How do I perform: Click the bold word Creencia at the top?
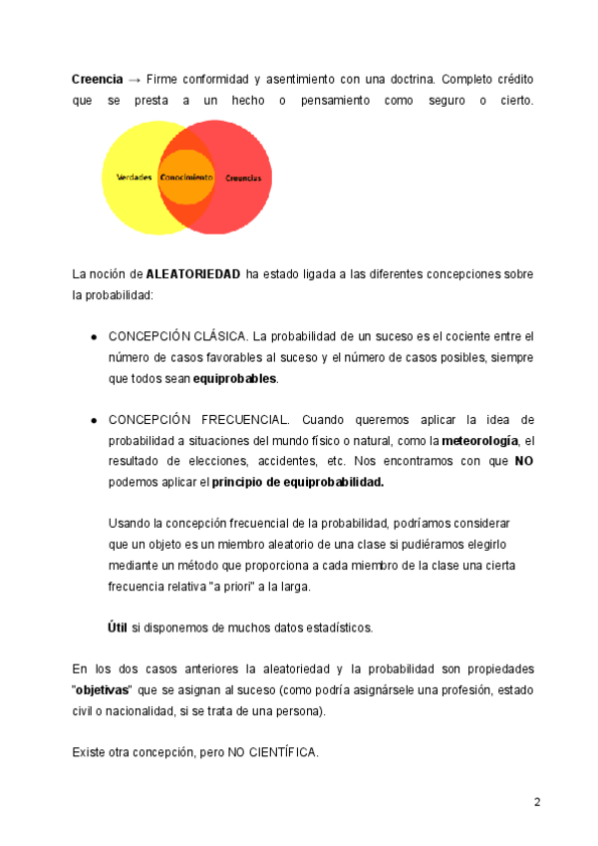point(97,78)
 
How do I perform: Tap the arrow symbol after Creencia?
point(136,78)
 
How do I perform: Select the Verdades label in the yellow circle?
point(135,178)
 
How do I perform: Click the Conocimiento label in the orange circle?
point(186,178)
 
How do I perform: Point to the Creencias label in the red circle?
point(243,178)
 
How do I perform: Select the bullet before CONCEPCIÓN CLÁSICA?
point(94,337)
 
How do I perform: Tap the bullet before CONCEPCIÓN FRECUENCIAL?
point(94,420)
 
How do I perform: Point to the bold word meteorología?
point(480,440)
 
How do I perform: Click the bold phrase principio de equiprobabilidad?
point(298,482)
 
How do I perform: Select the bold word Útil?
point(117,628)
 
